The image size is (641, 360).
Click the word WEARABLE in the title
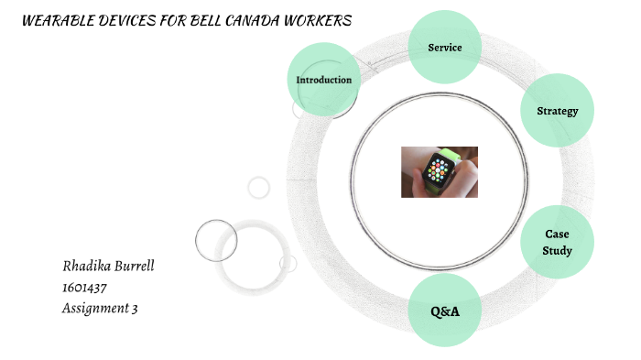pyautogui.click(x=59, y=21)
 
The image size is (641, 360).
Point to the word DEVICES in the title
pyautogui.click(x=130, y=21)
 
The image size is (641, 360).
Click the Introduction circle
pyautogui.click(x=324, y=80)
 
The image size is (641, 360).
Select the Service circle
pyautogui.click(x=445, y=47)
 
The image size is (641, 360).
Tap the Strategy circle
pyautogui.click(x=557, y=111)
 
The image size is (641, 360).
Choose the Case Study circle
pyautogui.click(x=557, y=242)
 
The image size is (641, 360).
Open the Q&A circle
pyautogui.click(x=445, y=311)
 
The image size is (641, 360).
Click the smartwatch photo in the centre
pyautogui.click(x=439, y=171)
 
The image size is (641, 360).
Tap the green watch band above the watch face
pyautogui.click(x=449, y=152)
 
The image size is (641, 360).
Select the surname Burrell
pyautogui.click(x=135, y=267)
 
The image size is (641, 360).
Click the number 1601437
pyautogui.click(x=83, y=288)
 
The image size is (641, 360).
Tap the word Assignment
pyautogui.click(x=94, y=309)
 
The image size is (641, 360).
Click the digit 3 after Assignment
pyautogui.click(x=135, y=309)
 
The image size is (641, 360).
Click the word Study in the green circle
pyautogui.click(x=557, y=250)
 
